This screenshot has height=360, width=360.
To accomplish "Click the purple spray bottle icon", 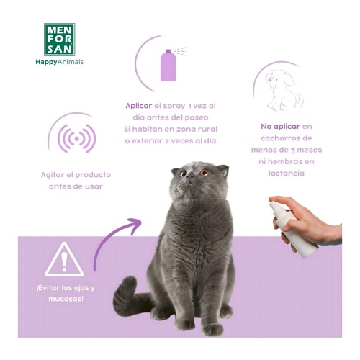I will click(x=168, y=65).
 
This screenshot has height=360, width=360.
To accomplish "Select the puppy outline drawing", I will click(x=282, y=87).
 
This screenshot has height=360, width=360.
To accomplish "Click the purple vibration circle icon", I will click(x=76, y=138).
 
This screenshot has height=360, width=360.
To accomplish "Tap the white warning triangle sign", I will click(x=64, y=260).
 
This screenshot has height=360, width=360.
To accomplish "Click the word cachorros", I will click(x=287, y=138).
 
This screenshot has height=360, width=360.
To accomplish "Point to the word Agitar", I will click(x=55, y=174).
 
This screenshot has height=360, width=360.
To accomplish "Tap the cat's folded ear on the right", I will click(x=222, y=171).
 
